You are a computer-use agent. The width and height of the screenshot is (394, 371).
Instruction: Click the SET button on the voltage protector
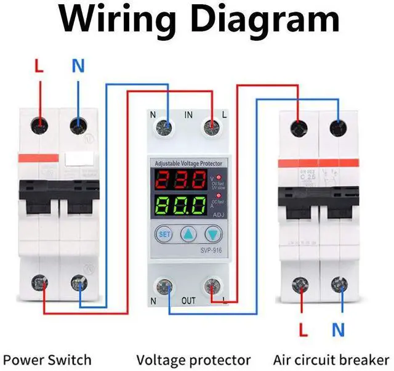164,235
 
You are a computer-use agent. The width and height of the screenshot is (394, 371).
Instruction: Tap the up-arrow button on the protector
188,235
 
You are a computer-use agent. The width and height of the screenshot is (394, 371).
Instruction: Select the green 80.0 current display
180,205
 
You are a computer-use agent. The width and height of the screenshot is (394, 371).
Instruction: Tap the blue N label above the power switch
78,66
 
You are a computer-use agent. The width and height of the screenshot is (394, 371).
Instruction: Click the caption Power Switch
47,360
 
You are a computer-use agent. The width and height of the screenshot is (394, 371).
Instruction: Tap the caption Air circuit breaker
331,360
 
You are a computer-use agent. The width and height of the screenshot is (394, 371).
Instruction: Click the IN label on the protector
189,115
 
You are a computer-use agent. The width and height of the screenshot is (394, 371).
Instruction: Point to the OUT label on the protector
189,301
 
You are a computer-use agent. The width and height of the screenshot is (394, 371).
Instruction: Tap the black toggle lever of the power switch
58,198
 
